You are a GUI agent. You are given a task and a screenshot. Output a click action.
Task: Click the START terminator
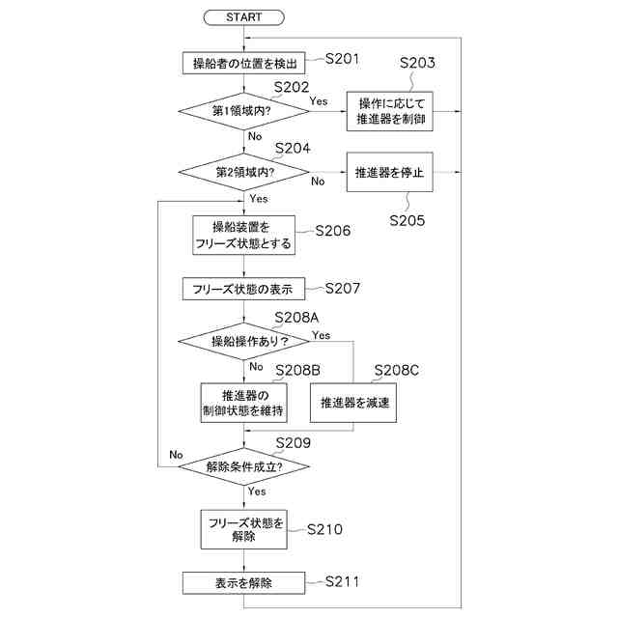point(243,17)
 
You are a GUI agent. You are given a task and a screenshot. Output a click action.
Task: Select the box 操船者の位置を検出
point(243,64)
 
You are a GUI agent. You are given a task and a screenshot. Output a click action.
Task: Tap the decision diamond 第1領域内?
point(243,111)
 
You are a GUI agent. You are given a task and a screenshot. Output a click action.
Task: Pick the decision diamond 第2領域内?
point(243,173)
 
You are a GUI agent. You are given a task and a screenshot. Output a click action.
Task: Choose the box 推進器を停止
point(390,173)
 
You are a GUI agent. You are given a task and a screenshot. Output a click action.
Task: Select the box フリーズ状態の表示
point(243,288)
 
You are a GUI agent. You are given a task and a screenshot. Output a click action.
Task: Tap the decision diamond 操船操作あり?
point(243,341)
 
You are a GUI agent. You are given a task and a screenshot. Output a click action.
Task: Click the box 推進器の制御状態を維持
point(243,404)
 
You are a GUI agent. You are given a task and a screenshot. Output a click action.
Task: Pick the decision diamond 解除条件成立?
point(243,466)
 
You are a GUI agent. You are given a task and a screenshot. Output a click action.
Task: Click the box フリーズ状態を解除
point(243,529)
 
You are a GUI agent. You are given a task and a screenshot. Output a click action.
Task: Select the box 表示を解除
point(243,582)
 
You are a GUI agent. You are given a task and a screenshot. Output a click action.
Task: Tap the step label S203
point(417,64)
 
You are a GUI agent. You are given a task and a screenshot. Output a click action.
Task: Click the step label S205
point(407,219)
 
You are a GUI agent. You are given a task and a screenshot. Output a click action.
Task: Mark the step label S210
point(325,529)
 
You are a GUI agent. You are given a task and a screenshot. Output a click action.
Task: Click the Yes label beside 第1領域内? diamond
point(318,99)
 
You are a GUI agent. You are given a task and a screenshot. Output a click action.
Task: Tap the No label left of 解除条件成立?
point(176,454)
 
